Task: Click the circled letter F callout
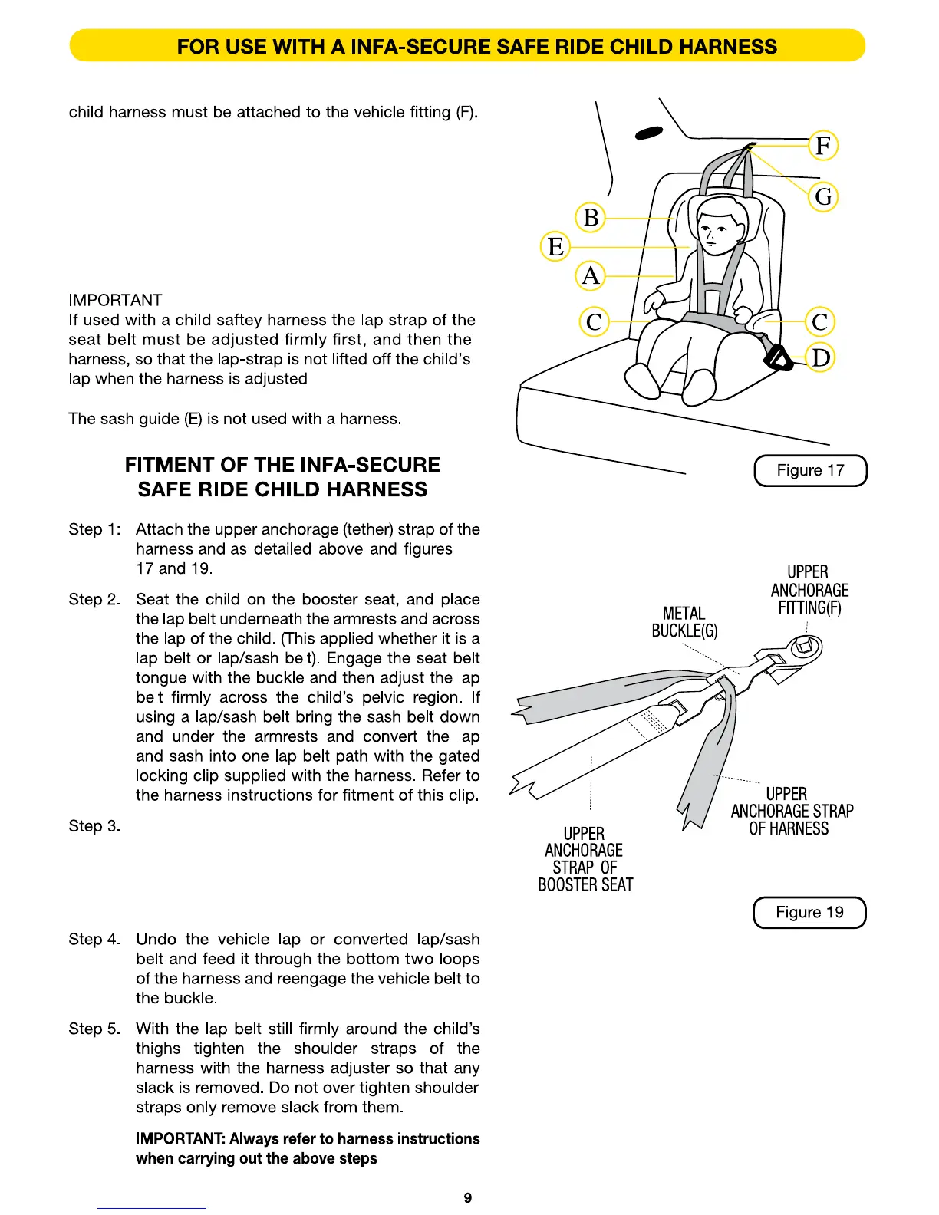tap(823, 145)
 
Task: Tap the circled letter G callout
tap(823, 196)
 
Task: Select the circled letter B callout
tap(591, 218)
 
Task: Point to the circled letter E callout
tap(555, 247)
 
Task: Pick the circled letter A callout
tap(590, 275)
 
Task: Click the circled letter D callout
tap(821, 357)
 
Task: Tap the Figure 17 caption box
tap(810, 470)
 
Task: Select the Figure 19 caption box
tap(809, 912)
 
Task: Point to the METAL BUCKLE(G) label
tap(684, 622)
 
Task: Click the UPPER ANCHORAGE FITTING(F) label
tap(809, 590)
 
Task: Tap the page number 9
tap(468, 1197)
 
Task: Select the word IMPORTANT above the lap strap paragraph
tap(115, 300)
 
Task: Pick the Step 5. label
tap(94, 1029)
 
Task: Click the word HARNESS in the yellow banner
tap(728, 47)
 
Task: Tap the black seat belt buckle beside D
tap(778, 357)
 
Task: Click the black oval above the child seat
tap(648, 134)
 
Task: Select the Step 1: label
tap(94, 529)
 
